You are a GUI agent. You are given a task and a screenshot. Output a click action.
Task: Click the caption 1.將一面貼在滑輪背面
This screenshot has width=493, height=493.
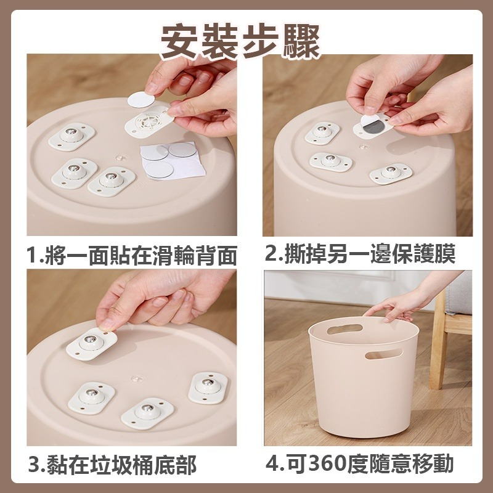132,253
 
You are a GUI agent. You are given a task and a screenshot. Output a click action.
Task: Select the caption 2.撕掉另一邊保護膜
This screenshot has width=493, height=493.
369,253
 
